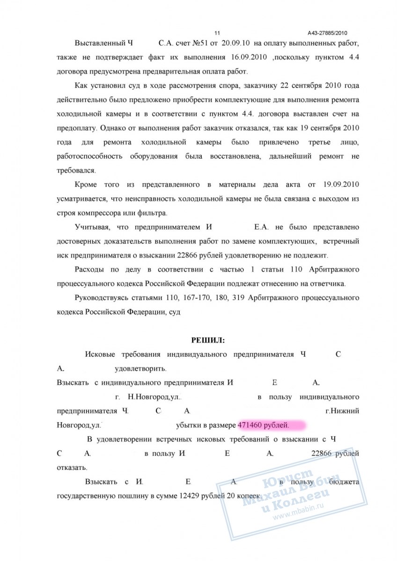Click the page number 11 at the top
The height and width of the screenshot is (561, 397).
(x=217, y=33)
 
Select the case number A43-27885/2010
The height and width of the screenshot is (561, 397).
(x=328, y=33)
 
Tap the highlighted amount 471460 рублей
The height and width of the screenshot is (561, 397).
(x=264, y=425)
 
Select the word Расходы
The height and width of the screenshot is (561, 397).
(x=89, y=270)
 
